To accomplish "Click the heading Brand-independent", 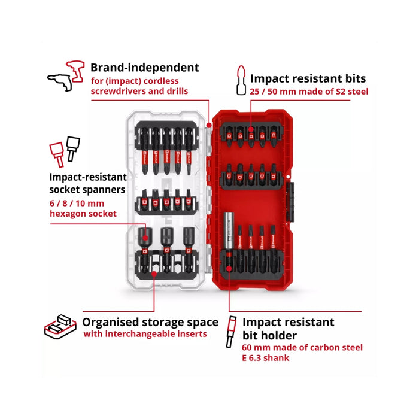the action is click(x=145, y=68).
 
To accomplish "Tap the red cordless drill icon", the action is click(x=75, y=71).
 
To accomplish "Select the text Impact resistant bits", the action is click(x=308, y=78).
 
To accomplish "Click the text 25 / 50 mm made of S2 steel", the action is click(x=309, y=92).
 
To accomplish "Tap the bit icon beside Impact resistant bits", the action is click(x=241, y=80).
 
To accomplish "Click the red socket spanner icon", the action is click(x=57, y=154).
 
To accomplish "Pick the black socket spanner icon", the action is click(x=73, y=149).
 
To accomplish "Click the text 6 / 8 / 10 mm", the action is click(x=77, y=204).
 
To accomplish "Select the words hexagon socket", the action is click(x=83, y=214).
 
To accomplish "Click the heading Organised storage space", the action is click(x=150, y=322).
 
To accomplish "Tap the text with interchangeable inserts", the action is click(x=145, y=334).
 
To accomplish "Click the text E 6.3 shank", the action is click(x=265, y=358).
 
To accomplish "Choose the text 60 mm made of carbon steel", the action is click(x=302, y=347).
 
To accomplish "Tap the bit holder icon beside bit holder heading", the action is click(x=232, y=332).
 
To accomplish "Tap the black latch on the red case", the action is click(x=290, y=202).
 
